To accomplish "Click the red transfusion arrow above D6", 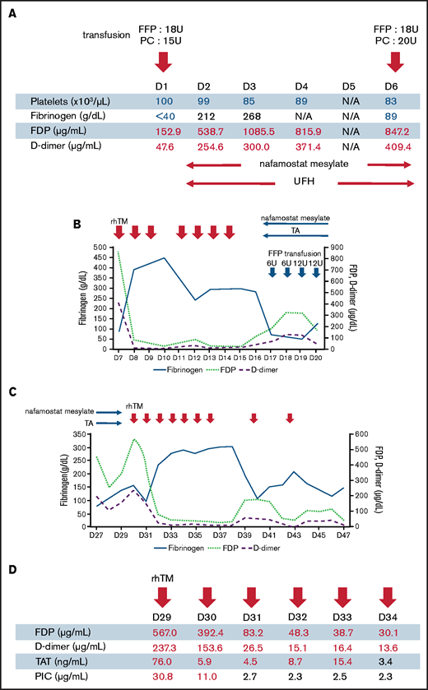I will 396,61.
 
